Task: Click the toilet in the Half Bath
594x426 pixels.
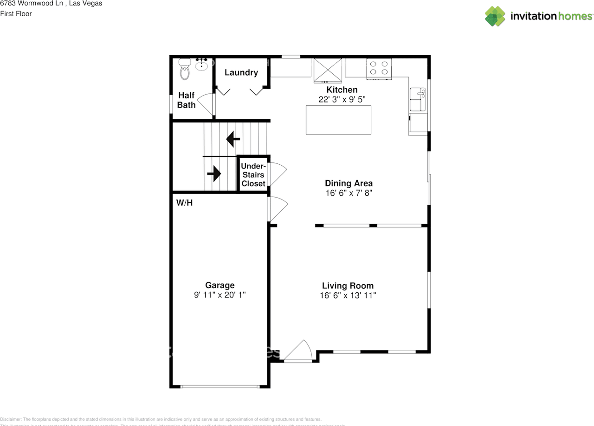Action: point(185,71)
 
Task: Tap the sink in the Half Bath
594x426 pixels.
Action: point(201,65)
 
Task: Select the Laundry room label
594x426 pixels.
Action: point(241,72)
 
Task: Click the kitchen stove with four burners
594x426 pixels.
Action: point(379,68)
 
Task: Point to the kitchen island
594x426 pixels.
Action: point(338,120)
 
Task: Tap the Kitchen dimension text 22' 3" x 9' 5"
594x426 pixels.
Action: point(342,99)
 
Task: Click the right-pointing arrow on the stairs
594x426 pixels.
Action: point(214,174)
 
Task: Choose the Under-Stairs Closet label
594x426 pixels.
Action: point(253,175)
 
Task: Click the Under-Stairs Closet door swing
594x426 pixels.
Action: point(277,174)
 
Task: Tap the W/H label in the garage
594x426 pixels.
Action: point(184,203)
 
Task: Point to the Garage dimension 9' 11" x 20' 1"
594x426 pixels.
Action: point(220,295)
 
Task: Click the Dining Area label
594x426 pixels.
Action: point(349,183)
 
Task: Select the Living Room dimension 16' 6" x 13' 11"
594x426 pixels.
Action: point(348,295)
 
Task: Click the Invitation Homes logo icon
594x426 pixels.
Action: point(495,16)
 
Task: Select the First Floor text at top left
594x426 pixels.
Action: point(16,13)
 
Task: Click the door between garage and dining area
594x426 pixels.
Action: point(277,208)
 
